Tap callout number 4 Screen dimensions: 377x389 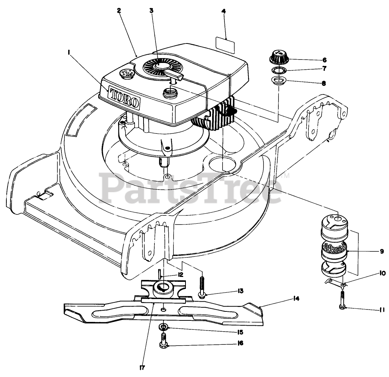(224, 11)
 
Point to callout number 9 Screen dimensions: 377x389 (382, 251)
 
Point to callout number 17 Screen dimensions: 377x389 (142, 367)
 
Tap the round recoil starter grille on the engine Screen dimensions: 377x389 (159, 67)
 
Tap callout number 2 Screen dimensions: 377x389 (119, 11)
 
